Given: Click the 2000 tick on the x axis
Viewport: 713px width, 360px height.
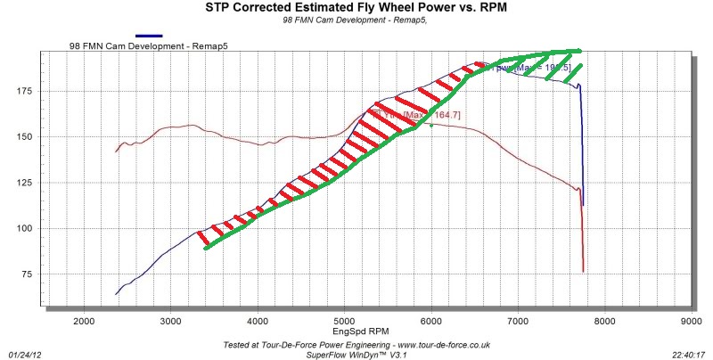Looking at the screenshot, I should point(84,321).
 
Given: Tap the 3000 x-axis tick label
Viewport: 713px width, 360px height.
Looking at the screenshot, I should point(170,321).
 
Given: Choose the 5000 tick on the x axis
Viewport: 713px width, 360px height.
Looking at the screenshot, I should point(344,321).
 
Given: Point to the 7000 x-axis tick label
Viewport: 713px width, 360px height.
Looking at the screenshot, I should point(518,321).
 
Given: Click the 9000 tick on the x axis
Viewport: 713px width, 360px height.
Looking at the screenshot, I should point(692,321).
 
